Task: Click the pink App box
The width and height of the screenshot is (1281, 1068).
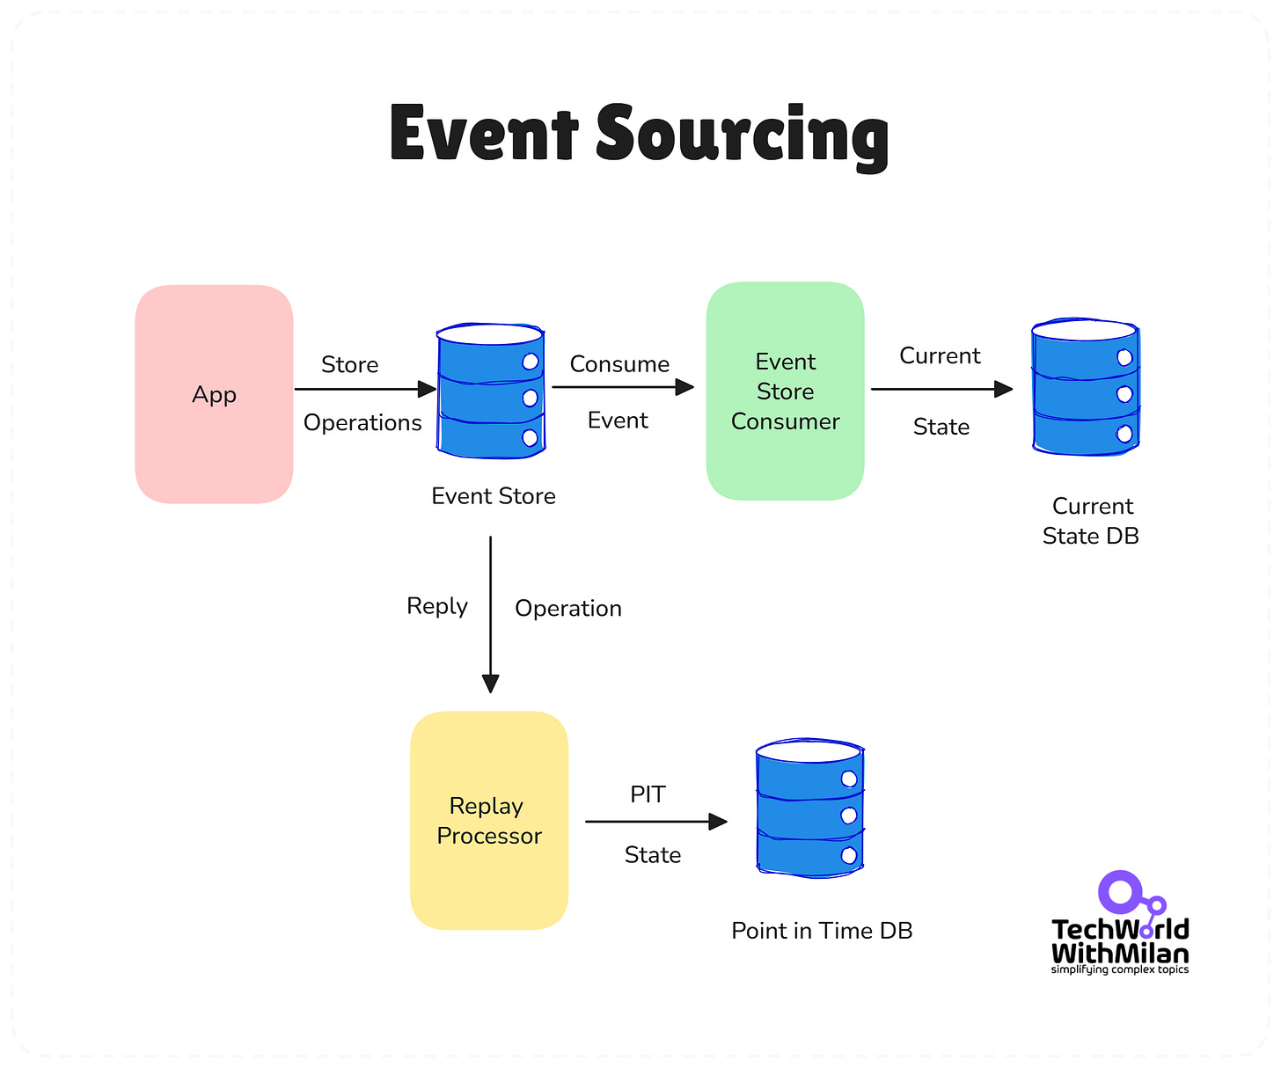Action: (x=214, y=394)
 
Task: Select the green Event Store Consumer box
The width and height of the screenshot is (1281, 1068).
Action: (x=785, y=391)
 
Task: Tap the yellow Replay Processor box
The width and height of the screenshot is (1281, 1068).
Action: (x=489, y=820)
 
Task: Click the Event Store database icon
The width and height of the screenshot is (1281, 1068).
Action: (x=491, y=391)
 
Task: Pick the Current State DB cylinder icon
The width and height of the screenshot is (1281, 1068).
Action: (x=1086, y=387)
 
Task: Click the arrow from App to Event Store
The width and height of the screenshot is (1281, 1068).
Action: (x=364, y=389)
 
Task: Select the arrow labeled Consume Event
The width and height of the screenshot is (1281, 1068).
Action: (x=622, y=387)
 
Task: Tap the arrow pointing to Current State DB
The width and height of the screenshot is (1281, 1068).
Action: (x=941, y=389)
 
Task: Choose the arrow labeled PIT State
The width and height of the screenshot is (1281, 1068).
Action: (x=655, y=822)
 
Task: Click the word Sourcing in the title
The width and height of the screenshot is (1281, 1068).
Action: (x=742, y=135)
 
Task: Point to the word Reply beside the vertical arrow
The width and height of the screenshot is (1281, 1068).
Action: (x=437, y=606)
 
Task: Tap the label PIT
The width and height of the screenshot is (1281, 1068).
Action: (x=648, y=794)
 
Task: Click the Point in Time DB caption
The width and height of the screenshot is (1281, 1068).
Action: (x=822, y=931)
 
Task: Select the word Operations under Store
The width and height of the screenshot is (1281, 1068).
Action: (x=362, y=423)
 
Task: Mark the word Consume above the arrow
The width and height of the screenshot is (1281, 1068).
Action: (x=619, y=364)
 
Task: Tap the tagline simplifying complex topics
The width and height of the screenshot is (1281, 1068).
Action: (x=1119, y=969)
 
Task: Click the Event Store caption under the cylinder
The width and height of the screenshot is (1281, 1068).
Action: (x=494, y=496)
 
